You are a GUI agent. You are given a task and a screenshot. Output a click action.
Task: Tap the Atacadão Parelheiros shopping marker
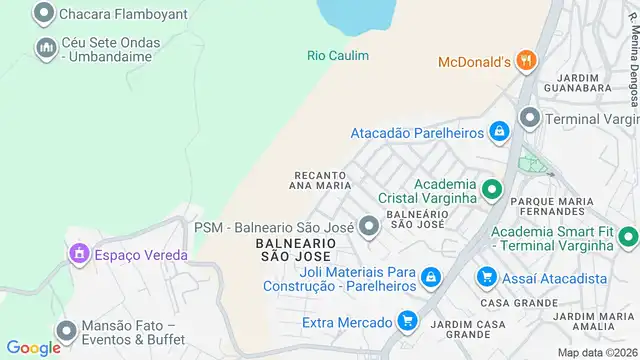[499, 131]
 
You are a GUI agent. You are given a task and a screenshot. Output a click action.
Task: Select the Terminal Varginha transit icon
[529, 119]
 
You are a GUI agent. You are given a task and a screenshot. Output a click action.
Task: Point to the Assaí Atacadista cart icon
[487, 276]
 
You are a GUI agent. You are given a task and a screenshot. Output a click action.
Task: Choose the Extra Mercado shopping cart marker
[406, 321]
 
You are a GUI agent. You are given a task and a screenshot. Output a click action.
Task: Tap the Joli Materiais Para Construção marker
[430, 276]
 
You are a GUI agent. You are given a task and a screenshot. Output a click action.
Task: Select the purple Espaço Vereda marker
[78, 254]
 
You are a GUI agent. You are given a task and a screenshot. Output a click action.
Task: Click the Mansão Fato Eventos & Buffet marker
[66, 331]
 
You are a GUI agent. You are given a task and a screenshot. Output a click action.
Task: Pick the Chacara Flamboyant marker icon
[43, 14]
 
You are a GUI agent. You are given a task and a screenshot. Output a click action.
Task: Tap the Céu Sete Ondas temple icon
[46, 47]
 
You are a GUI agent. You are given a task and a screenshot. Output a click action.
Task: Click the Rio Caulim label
[337, 56]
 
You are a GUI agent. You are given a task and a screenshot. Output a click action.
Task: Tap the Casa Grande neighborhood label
[504, 302]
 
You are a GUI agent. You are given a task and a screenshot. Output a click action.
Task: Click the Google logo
[34, 347]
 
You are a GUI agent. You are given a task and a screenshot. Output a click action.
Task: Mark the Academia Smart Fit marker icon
[627, 237]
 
